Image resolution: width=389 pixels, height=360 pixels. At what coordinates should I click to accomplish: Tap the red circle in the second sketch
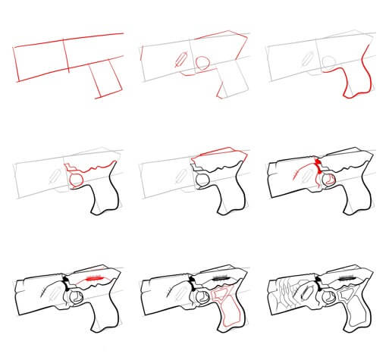[202, 64]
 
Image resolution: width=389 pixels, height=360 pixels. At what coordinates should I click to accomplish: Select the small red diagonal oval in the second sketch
[180, 61]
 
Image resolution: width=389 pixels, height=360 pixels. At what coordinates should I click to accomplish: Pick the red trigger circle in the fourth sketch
[76, 180]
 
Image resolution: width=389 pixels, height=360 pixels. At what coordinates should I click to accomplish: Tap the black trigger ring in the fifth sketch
[202, 180]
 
